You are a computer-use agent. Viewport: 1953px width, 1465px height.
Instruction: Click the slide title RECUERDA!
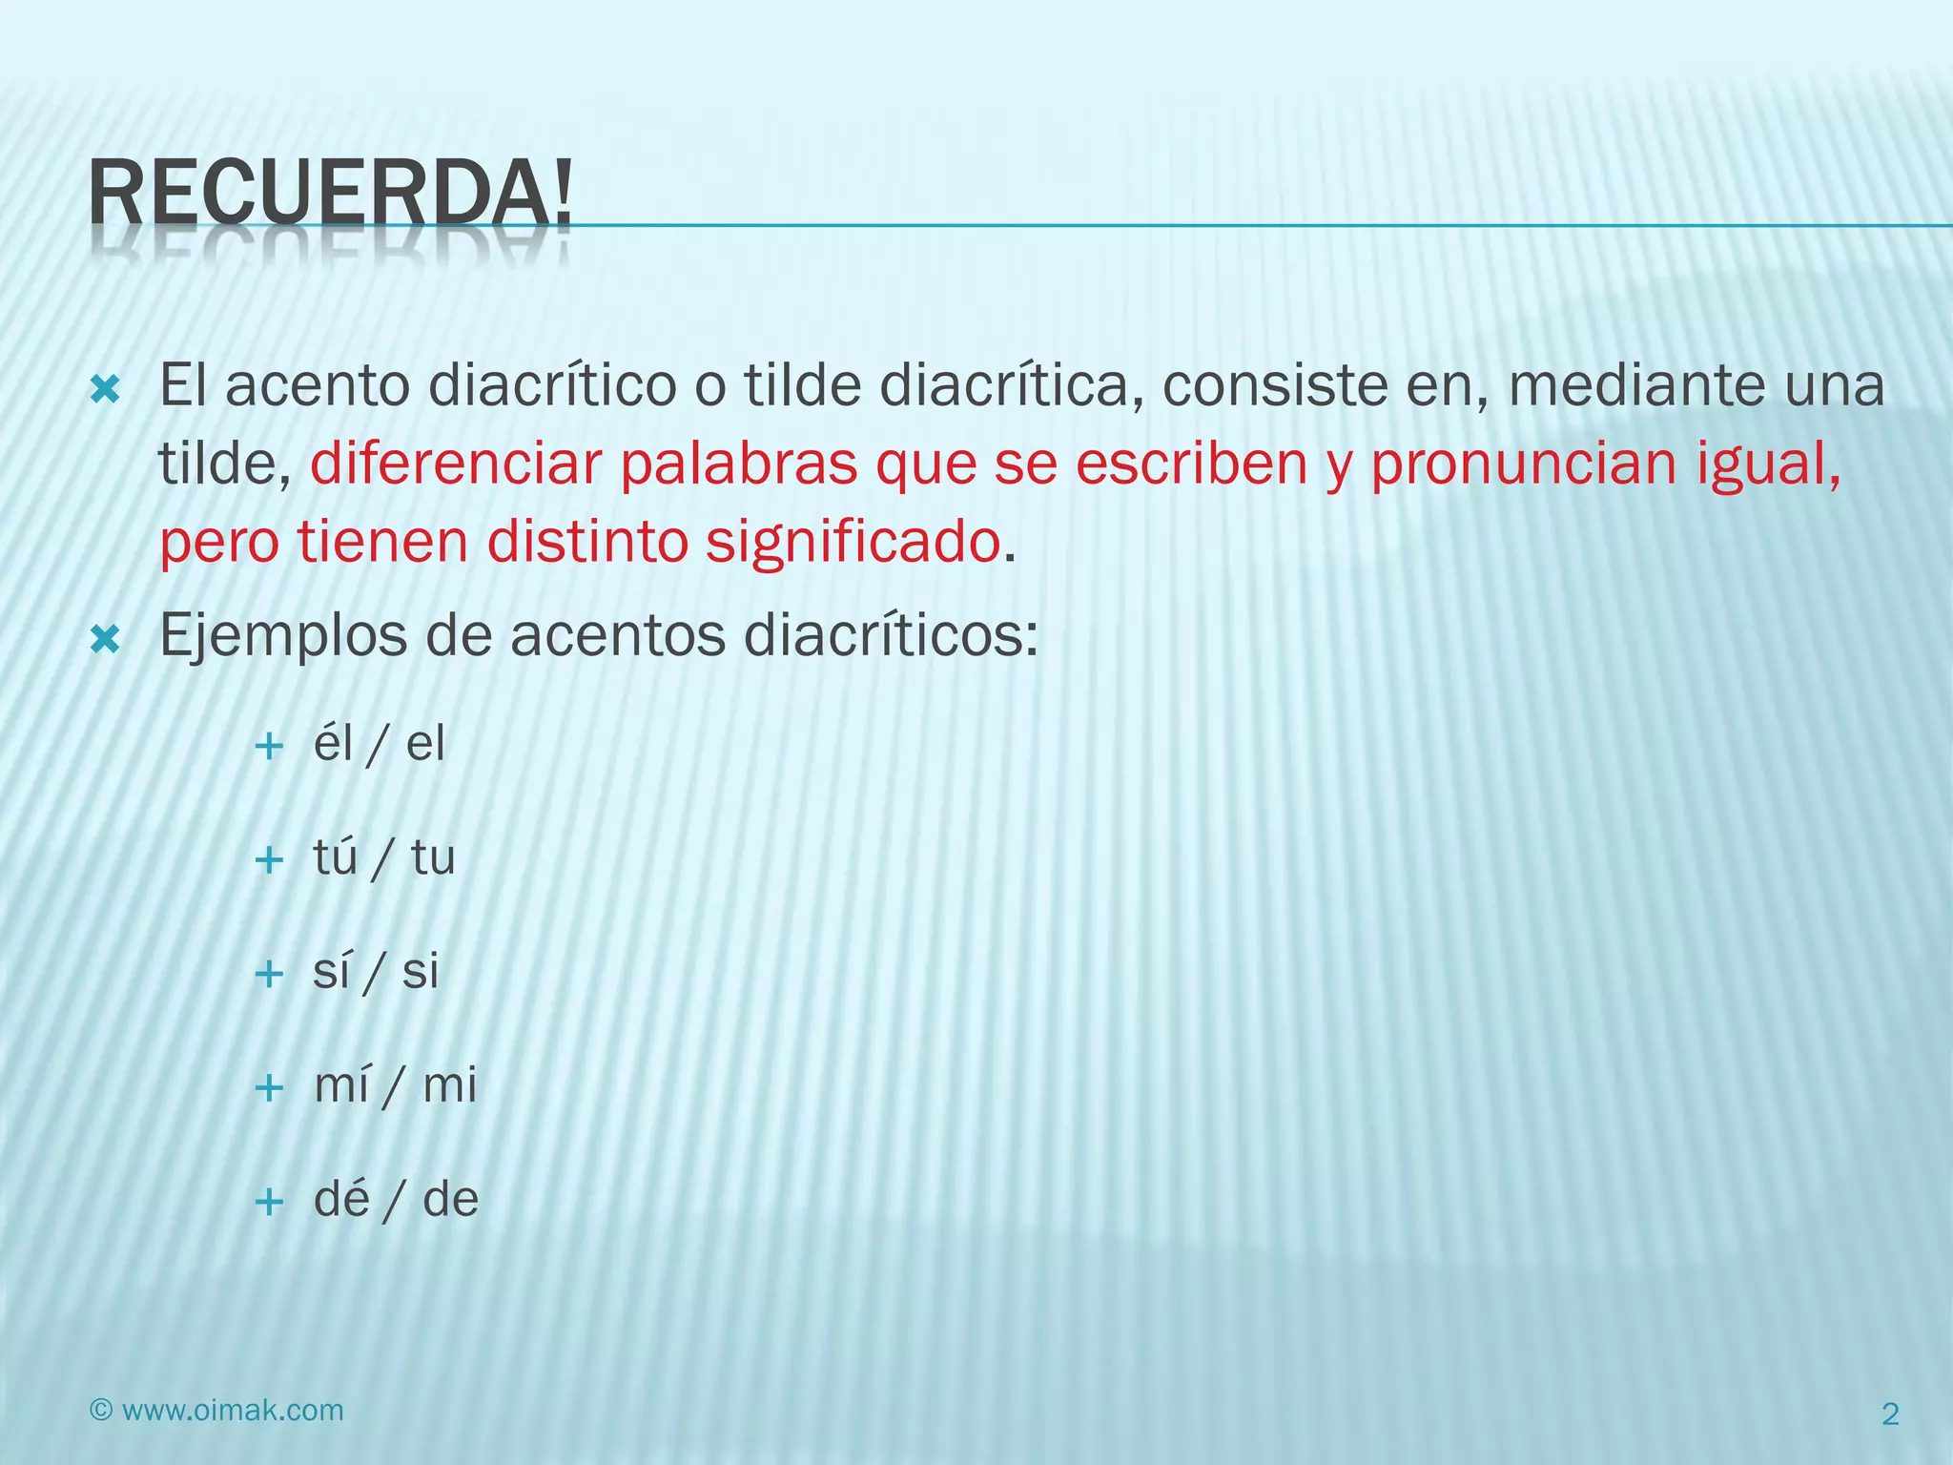[331, 195]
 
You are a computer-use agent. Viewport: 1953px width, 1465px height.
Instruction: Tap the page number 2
[1890, 1414]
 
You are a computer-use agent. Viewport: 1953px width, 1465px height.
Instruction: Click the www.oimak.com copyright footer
[216, 1411]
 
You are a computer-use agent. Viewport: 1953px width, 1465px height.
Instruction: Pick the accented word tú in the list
[335, 857]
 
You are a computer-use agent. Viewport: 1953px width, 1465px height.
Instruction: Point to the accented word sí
[331, 971]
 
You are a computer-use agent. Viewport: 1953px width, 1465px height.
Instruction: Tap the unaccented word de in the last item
[450, 1199]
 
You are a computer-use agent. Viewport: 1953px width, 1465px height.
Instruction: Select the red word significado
[853, 543]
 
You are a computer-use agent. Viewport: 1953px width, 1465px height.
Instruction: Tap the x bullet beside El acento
[104, 389]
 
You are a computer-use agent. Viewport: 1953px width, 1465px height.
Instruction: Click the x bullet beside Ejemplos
[104, 640]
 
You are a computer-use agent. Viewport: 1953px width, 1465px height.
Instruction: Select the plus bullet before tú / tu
[270, 860]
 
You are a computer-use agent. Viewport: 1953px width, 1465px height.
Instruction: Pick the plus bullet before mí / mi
[270, 1088]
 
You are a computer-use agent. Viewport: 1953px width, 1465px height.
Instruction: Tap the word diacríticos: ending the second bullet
[891, 636]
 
